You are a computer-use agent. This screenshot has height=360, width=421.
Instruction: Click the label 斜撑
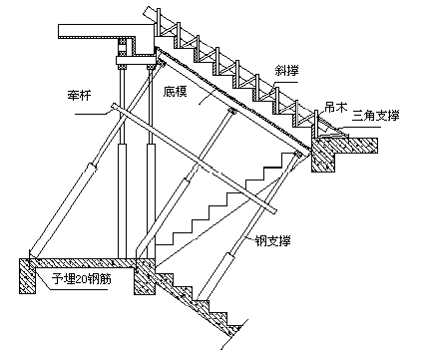click(x=286, y=71)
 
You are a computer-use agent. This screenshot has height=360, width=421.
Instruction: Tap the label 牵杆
click(x=78, y=95)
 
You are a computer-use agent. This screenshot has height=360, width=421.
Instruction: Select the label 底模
click(x=175, y=91)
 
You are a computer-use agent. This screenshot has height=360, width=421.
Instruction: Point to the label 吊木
click(x=335, y=108)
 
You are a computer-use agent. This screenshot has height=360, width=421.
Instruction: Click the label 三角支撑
click(x=375, y=116)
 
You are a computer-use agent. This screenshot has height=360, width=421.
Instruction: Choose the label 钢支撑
click(x=272, y=240)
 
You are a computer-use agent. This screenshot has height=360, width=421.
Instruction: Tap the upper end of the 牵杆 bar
click(x=114, y=106)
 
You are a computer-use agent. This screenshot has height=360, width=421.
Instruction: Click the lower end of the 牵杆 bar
click(x=273, y=210)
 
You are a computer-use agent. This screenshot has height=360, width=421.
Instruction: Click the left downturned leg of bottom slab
click(x=27, y=276)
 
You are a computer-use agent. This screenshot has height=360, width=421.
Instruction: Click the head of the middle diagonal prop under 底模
click(x=231, y=112)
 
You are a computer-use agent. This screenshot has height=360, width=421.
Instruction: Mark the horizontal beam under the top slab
click(x=136, y=61)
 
